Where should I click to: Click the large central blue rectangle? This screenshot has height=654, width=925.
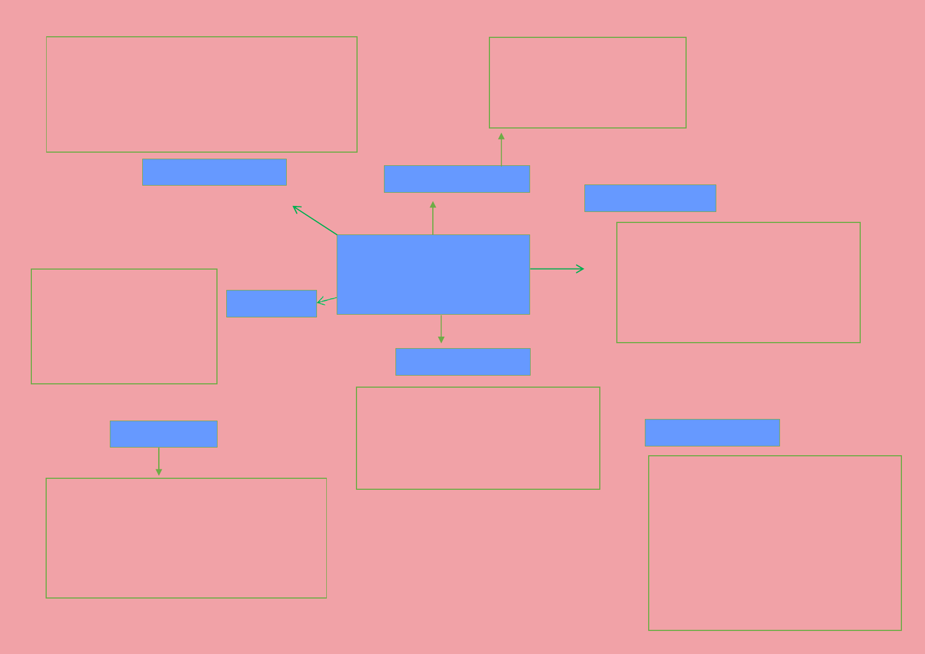pyautogui.click(x=433, y=274)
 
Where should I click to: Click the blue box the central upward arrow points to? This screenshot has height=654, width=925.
pyautogui.click(x=456, y=179)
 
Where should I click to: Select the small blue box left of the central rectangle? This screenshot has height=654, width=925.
pyautogui.click(x=271, y=304)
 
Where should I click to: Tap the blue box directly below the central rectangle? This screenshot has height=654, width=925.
pyautogui.click(x=462, y=362)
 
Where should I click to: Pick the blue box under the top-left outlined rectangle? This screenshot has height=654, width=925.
pyautogui.click(x=214, y=172)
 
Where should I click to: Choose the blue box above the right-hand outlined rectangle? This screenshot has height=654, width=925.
pyautogui.click(x=650, y=198)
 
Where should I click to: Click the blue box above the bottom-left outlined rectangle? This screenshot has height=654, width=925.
pyautogui.click(x=164, y=434)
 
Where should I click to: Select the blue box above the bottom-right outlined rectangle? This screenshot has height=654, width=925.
pyautogui.click(x=712, y=433)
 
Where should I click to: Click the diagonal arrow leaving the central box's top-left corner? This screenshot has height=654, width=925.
pyautogui.click(x=315, y=220)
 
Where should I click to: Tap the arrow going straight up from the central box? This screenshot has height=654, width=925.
pyautogui.click(x=433, y=219)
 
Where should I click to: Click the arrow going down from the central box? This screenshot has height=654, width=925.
pyautogui.click(x=441, y=328)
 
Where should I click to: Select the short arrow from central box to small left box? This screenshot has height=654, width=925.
pyautogui.click(x=327, y=300)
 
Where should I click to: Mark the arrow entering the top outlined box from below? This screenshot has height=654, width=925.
pyautogui.click(x=501, y=149)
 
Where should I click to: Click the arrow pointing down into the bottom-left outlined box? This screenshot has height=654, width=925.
pyautogui.click(x=159, y=461)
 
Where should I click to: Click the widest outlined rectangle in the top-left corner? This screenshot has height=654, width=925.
pyautogui.click(x=202, y=94)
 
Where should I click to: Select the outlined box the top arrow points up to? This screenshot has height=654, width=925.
pyautogui.click(x=587, y=82)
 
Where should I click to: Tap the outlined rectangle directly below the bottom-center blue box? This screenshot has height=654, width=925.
pyautogui.click(x=478, y=438)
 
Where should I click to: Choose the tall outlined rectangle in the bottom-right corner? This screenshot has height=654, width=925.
pyautogui.click(x=774, y=543)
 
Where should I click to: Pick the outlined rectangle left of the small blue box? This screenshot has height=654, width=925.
pyautogui.click(x=124, y=326)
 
